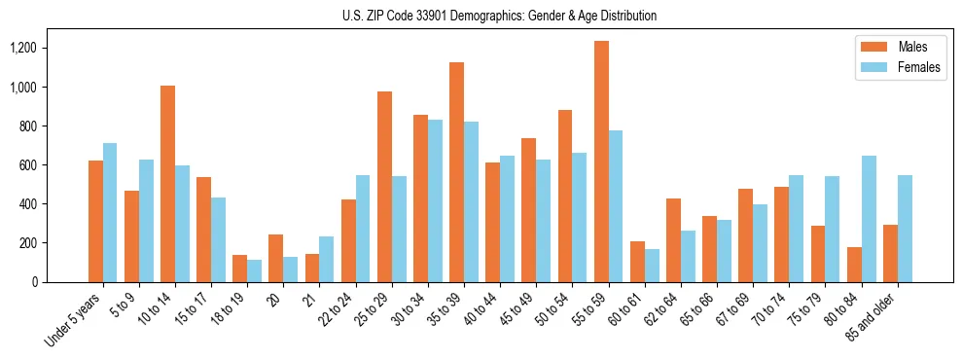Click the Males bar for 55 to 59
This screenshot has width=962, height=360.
(601, 162)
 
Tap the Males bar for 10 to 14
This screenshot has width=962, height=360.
(167, 184)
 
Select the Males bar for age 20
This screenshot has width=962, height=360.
(276, 258)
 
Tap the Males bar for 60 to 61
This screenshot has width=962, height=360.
(637, 262)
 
